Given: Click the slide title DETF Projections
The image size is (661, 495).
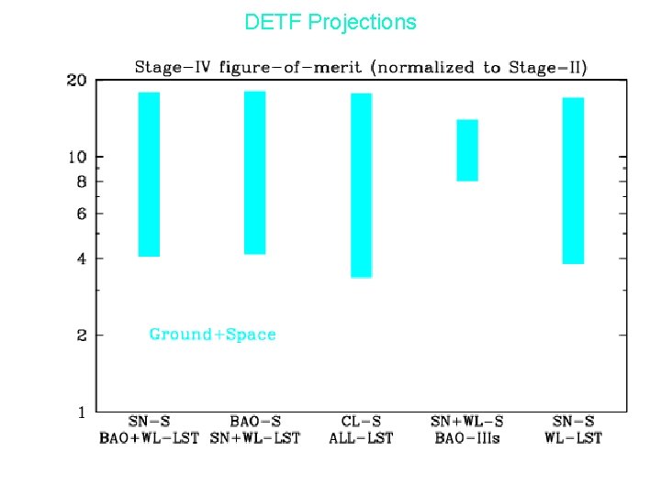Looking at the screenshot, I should point(330,22).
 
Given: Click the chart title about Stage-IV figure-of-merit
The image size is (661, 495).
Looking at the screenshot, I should point(361,67).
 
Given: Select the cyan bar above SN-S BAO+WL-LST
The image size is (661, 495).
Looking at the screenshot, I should point(149,174).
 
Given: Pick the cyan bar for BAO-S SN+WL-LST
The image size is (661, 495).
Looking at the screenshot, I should point(254,172).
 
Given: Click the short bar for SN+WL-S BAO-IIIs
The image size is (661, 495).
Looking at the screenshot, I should point(467,150).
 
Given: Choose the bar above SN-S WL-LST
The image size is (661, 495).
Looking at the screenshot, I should point(573,181).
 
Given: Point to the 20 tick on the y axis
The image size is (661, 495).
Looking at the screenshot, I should point(77,81).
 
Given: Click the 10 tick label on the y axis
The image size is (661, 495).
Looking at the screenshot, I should point(77,157).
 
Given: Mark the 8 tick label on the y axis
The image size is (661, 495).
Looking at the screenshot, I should point(82,181).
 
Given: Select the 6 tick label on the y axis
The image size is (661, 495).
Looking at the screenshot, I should point(82,214).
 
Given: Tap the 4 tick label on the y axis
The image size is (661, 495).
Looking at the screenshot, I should point(82,258).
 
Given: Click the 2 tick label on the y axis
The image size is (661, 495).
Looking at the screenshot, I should point(82,335).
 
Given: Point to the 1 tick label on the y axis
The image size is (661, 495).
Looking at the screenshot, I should point(82,412).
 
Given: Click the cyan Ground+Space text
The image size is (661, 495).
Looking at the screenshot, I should point(213,335).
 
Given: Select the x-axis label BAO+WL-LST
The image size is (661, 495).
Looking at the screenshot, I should point(149,438).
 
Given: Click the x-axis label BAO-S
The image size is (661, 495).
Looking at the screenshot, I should point(254,422).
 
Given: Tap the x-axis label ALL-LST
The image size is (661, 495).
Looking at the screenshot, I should point(361,438).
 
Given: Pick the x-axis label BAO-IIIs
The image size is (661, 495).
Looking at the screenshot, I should point(466,438).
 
